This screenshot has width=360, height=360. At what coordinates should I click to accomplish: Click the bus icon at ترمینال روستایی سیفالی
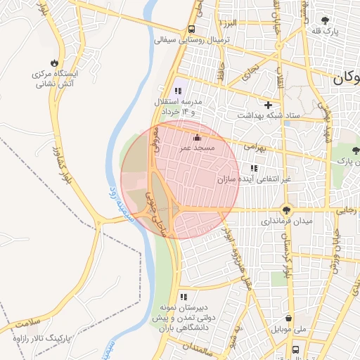pyautogui.click(x=191, y=30)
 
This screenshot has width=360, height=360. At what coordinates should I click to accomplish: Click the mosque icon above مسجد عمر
pyautogui.click(x=196, y=137)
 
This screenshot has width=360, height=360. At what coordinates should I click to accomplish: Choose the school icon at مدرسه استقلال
pyautogui.click(x=177, y=91)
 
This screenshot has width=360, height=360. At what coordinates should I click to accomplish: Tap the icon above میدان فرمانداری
pyautogui.click(x=286, y=209)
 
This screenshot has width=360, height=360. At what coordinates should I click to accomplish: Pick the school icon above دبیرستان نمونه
pyautogui.click(x=184, y=297)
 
